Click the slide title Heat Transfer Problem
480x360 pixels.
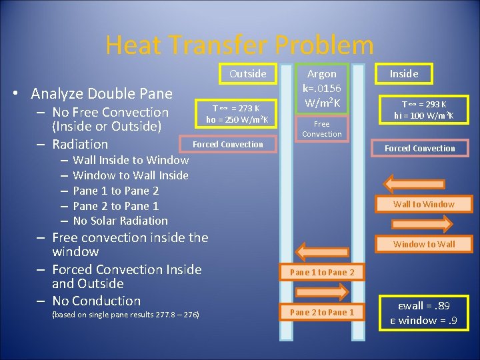[239, 45]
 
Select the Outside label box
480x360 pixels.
[247, 73]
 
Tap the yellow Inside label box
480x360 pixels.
[403, 73]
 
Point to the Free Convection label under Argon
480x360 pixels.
[321, 129]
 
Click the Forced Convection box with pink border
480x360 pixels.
[228, 144]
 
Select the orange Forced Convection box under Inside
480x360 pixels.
[420, 148]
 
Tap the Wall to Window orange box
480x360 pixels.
[423, 204]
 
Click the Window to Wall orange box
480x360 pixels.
[423, 244]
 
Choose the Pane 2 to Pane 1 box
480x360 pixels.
[322, 312]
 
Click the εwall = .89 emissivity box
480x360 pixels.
[423, 313]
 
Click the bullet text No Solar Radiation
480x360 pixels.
[120, 221]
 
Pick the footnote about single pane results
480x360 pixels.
[125, 314]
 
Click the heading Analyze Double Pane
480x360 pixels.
[101, 93]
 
